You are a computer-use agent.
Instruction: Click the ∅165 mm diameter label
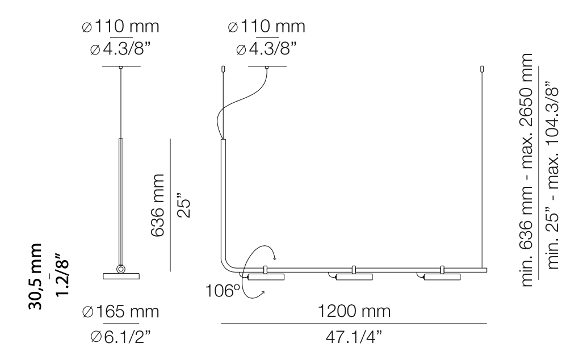click(120, 312)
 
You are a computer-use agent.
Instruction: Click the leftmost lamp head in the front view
click(266, 277)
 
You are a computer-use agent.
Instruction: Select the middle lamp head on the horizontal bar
click(354, 277)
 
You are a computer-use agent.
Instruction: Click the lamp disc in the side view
click(120, 277)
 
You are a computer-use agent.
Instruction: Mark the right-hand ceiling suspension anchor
click(482, 69)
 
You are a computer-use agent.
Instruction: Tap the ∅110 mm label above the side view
click(120, 27)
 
